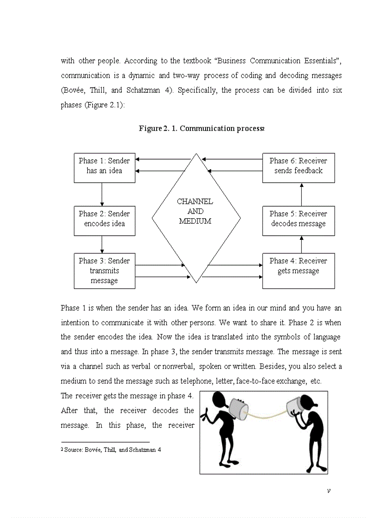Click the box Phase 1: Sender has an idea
(x=104, y=168)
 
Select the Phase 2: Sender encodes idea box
(x=104, y=221)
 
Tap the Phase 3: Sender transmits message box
(x=104, y=271)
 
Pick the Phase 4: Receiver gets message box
(x=298, y=271)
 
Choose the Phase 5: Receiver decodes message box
(x=298, y=221)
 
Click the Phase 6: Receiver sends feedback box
(x=298, y=168)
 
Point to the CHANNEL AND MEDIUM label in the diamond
(x=195, y=211)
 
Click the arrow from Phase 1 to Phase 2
(x=102, y=194)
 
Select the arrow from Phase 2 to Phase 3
(x=102, y=244)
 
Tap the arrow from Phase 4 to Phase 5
(x=302, y=244)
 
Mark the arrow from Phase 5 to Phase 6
(x=302, y=194)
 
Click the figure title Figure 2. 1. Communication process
(x=201, y=129)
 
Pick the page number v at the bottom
(x=328, y=490)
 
